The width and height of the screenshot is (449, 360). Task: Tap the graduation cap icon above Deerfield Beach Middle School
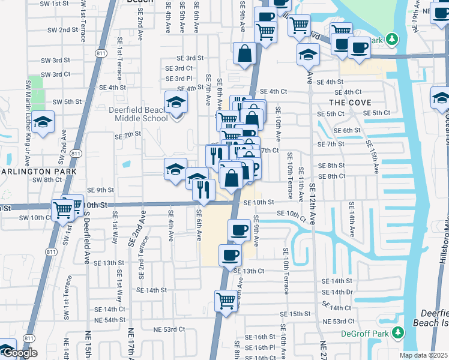(176, 101)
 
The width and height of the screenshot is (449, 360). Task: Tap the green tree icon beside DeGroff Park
(397, 332)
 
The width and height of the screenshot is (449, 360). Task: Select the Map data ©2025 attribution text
(423, 355)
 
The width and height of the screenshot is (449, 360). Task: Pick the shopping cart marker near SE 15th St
(226, 299)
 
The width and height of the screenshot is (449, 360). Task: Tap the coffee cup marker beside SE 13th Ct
(230, 256)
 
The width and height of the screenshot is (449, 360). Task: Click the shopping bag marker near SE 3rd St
(245, 53)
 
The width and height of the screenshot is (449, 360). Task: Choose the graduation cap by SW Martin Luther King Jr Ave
(43, 122)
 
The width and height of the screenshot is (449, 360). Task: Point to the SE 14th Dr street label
(337, 292)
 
